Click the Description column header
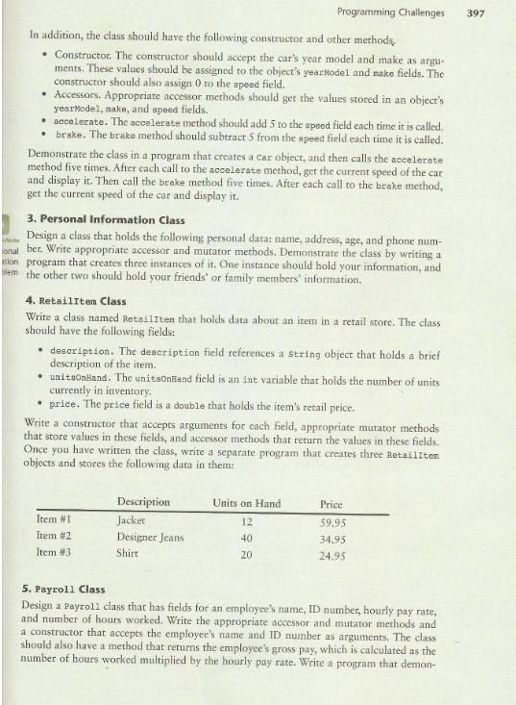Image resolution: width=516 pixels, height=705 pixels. pos(143,501)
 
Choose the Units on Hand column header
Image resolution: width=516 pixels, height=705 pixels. pos(246,501)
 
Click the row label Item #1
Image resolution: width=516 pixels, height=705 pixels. pos(56,521)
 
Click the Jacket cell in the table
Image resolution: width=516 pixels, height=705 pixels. pos(132,521)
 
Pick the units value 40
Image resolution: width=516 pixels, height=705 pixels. pos(246,539)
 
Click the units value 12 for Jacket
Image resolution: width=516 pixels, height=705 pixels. pos(246,522)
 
